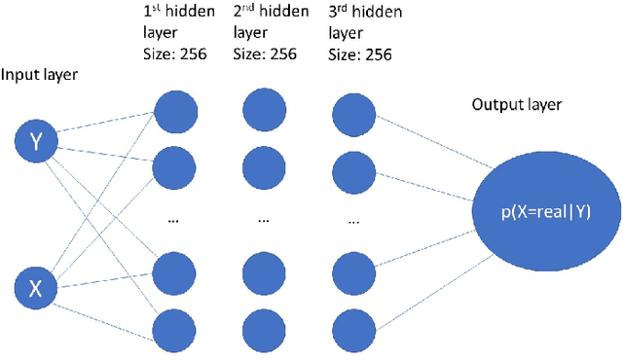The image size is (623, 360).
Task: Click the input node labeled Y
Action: click(x=37, y=143)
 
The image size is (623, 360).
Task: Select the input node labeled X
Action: click(x=37, y=287)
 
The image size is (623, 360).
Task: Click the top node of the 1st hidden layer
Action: click(x=173, y=108)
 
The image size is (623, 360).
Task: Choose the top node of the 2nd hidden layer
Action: click(x=264, y=108)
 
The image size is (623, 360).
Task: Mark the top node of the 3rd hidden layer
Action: click(x=354, y=108)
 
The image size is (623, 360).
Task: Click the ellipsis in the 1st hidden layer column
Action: click(x=173, y=221)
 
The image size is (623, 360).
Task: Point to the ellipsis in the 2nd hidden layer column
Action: click(x=264, y=221)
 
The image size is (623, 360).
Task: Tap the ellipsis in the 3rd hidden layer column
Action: click(x=354, y=221)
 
